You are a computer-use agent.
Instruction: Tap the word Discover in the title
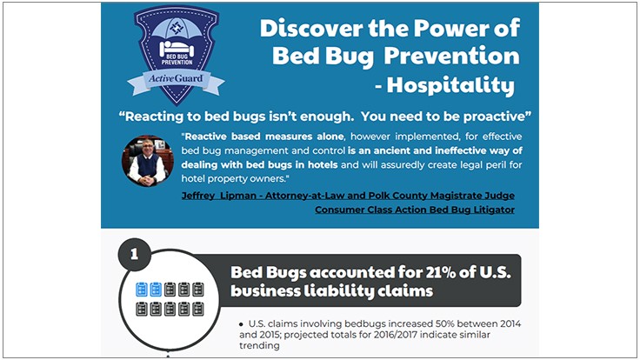tap(303, 28)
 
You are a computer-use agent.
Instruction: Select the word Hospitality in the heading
tap(465, 86)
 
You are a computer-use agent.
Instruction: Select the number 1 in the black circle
tap(134, 255)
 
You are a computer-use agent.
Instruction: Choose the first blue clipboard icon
tap(141, 289)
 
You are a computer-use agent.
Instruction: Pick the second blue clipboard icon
tap(155, 289)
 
